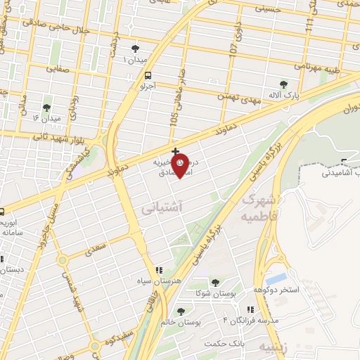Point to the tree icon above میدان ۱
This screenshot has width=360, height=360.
tap(135, 49)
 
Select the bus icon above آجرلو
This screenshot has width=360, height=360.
tap(148, 75)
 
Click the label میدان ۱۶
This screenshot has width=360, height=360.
tap(46, 118)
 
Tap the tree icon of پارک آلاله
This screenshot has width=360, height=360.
tap(284, 84)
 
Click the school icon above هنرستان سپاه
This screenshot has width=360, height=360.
tap(159, 269)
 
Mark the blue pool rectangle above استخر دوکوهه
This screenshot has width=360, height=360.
tap(276, 277)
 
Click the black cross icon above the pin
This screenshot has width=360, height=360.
tap(175, 150)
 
